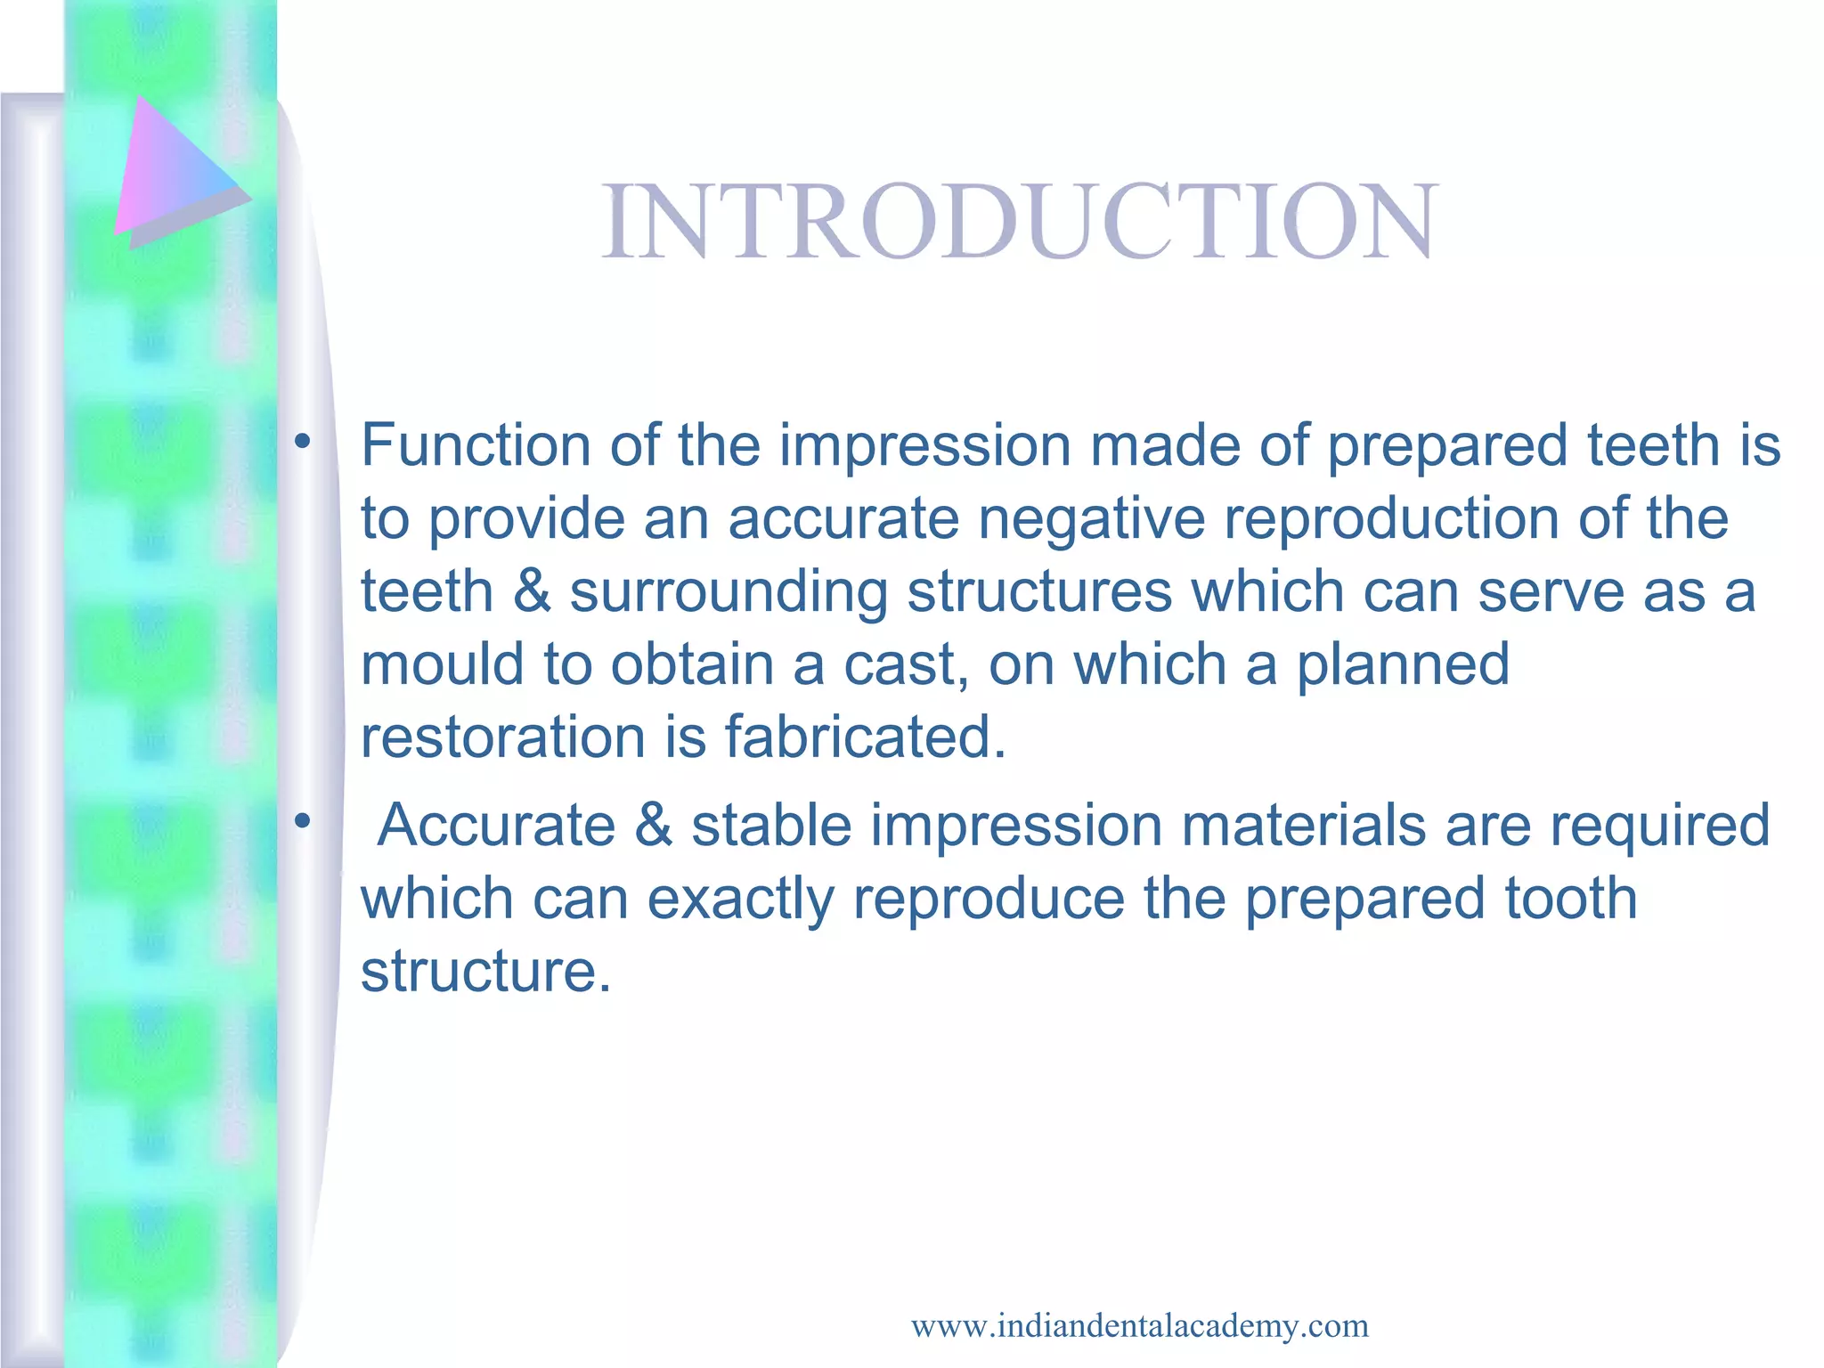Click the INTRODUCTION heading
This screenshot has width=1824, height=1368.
point(1019,221)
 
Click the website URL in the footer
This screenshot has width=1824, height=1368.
point(1139,1326)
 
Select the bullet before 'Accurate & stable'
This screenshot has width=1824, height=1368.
point(303,820)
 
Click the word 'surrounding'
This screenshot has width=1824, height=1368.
point(729,594)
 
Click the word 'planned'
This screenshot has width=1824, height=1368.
point(1403,666)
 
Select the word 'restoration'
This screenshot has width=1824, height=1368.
point(502,737)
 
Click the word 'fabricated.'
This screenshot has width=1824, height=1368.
point(865,737)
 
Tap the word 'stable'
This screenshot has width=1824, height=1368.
point(772,825)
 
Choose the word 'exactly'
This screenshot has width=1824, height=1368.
point(740,900)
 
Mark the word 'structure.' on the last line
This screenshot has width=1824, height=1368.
point(486,971)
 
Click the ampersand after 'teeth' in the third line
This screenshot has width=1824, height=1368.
point(532,593)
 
